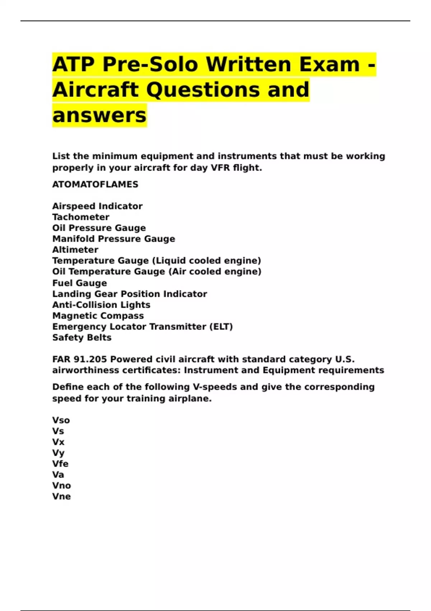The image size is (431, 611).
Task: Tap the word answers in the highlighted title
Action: tap(99, 115)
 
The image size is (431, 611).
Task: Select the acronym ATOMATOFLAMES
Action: tap(95, 184)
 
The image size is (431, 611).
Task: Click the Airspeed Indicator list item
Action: tap(97, 206)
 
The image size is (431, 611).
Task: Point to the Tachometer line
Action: tap(81, 217)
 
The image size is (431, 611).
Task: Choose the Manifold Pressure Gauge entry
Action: tap(113, 239)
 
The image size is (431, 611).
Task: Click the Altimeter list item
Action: tap(75, 250)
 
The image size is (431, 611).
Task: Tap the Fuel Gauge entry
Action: tap(79, 283)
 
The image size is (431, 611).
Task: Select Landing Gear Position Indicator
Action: tap(129, 294)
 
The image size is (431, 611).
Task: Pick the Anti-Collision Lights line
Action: tap(101, 305)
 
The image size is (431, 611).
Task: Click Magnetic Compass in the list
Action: tap(98, 316)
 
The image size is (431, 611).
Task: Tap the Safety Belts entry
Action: tap(82, 337)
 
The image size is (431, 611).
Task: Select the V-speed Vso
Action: tap(61, 420)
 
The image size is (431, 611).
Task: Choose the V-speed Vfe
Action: tap(60, 464)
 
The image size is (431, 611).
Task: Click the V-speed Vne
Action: tap(61, 496)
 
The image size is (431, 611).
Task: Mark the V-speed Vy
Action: tap(58, 453)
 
